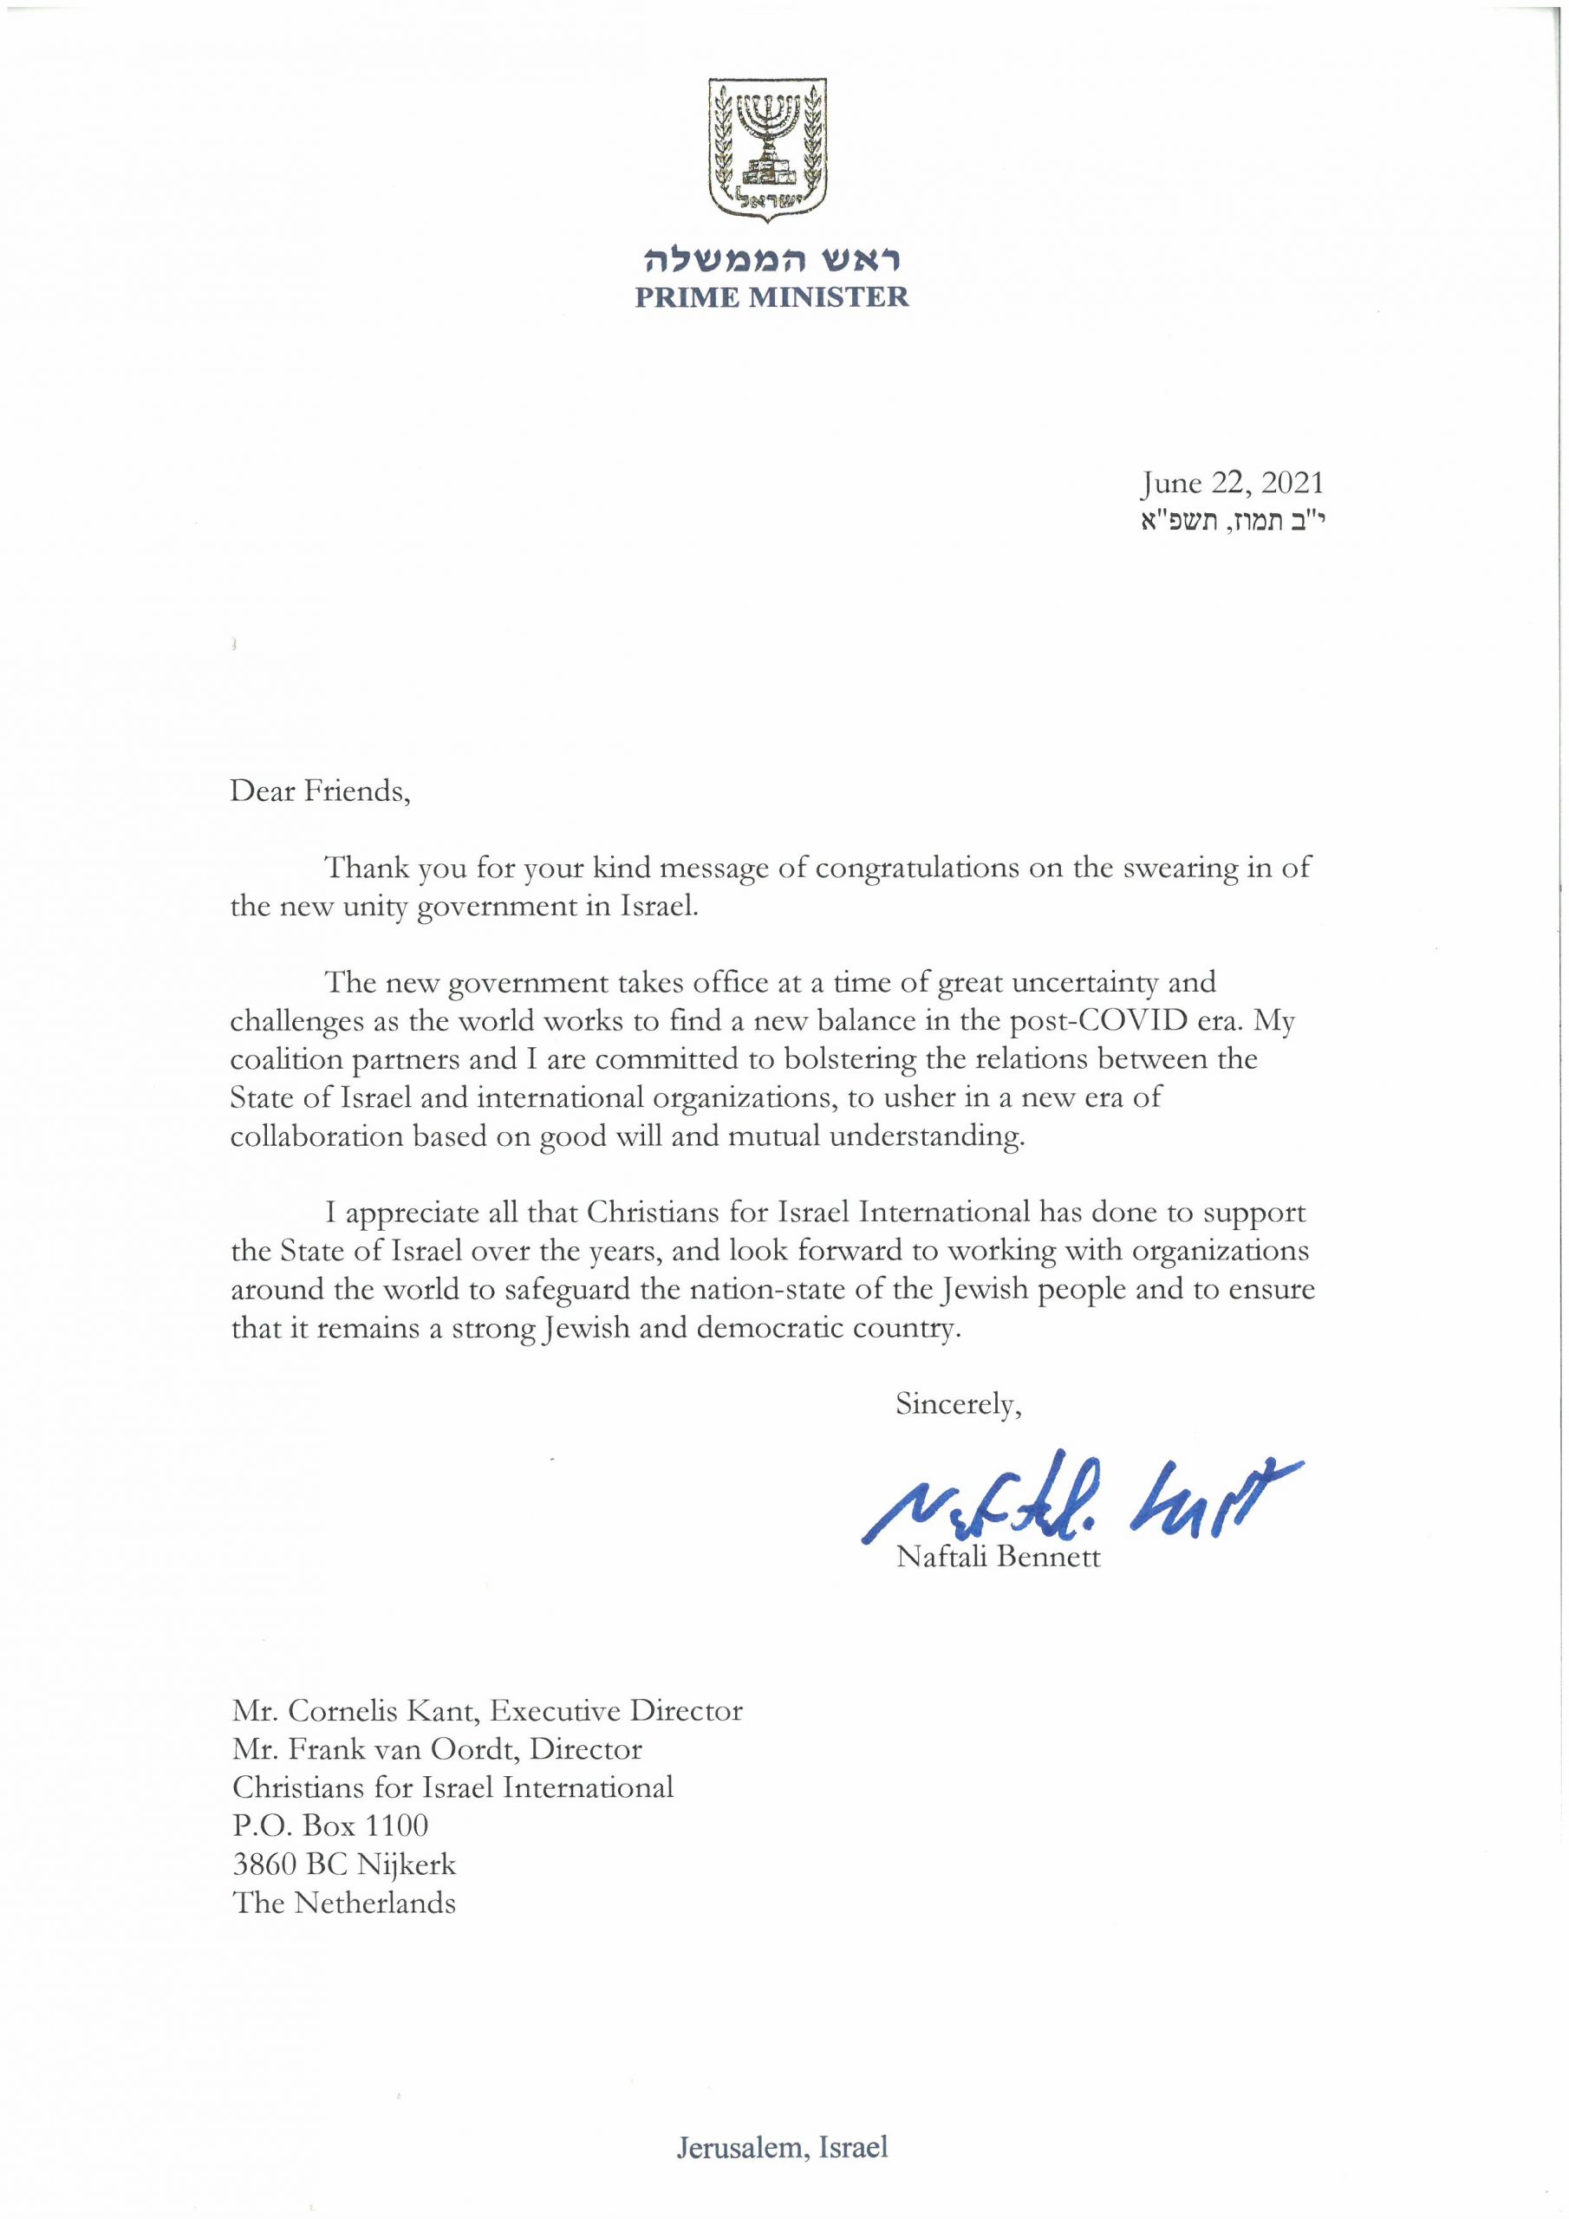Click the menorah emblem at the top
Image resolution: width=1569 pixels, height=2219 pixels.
[771, 149]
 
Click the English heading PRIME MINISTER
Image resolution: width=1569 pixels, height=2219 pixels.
[771, 296]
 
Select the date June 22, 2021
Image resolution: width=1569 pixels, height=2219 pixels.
[1231, 483]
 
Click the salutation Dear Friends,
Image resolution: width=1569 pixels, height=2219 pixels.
[320, 791]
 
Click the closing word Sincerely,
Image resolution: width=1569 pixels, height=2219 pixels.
[958, 1404]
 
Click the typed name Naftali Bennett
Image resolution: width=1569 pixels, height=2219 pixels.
[998, 1558]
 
